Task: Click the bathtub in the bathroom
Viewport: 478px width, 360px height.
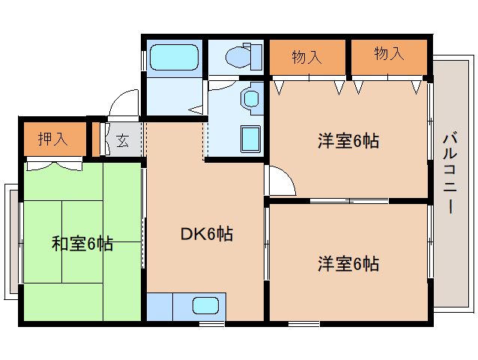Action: pyautogui.click(x=173, y=57)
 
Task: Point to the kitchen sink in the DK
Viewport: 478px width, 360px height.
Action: pyautogui.click(x=205, y=306)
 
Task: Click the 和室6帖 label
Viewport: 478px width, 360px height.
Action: pyautogui.click(x=82, y=243)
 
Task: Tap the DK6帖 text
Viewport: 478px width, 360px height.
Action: pyautogui.click(x=207, y=234)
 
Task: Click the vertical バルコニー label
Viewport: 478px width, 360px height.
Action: pyautogui.click(x=450, y=172)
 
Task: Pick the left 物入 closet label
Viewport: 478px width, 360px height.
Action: pyautogui.click(x=307, y=55)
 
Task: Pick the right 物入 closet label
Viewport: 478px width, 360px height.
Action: pyautogui.click(x=389, y=54)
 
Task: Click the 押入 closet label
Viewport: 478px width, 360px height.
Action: pyautogui.click(x=53, y=139)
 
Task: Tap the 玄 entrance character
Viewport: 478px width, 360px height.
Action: pyautogui.click(x=122, y=139)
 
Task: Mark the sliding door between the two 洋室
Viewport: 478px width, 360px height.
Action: pyautogui.click(x=348, y=200)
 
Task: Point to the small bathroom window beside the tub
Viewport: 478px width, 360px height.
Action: pyautogui.click(x=143, y=59)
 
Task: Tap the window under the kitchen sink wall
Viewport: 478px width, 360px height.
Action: pyautogui.click(x=212, y=324)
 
